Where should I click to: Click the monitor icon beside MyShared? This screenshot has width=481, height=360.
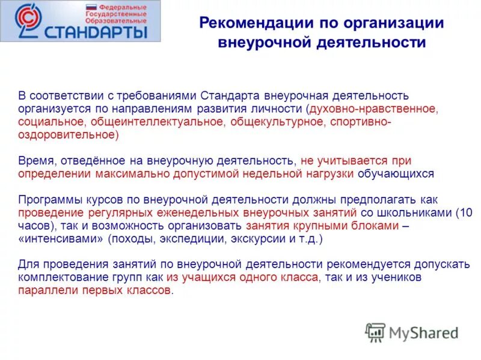(x=376, y=332)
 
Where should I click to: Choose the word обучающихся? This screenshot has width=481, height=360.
(x=396, y=174)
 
